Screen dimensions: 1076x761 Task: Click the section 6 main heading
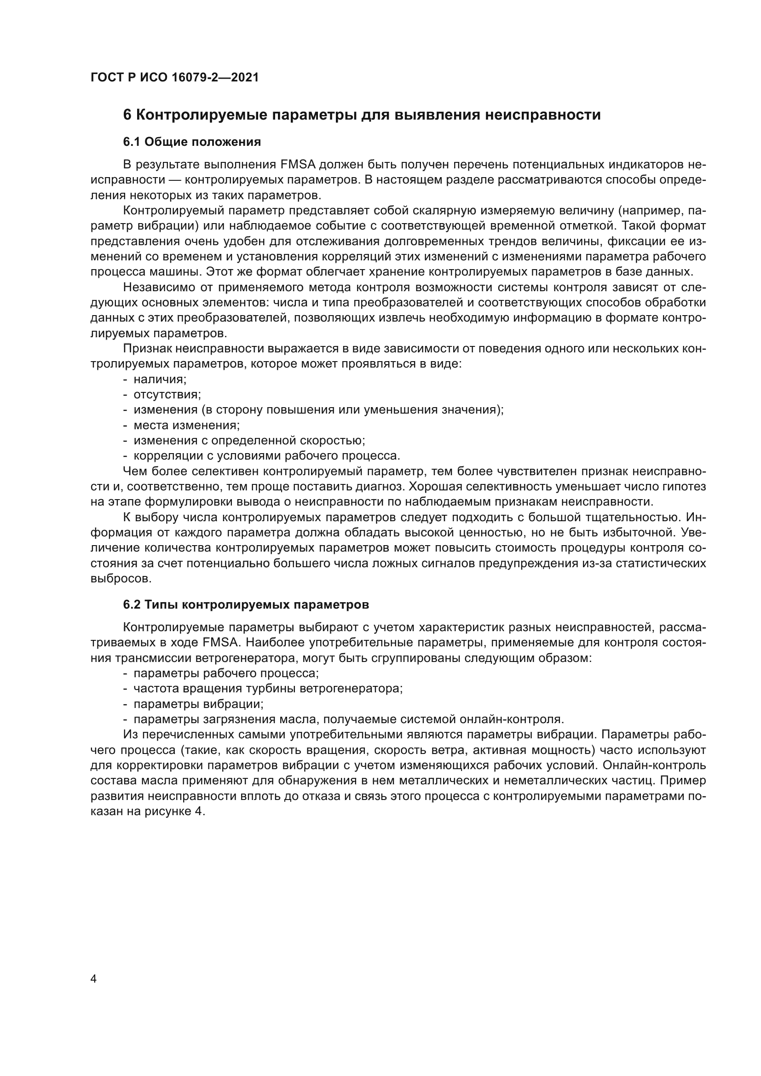coord(362,115)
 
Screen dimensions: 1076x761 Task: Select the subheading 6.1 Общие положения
coord(192,142)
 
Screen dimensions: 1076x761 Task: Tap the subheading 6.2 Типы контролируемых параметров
coord(246,604)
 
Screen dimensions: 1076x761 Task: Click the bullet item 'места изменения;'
coord(186,426)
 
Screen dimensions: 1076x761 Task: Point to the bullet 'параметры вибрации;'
coord(199,704)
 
